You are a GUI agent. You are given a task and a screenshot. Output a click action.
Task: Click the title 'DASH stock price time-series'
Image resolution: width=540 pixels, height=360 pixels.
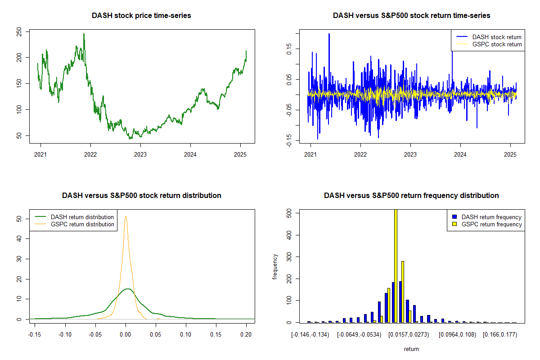141,15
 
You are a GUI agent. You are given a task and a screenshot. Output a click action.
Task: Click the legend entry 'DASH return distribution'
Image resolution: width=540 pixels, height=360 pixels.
82,217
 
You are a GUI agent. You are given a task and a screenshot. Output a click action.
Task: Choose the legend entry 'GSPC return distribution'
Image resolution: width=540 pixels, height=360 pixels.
82,224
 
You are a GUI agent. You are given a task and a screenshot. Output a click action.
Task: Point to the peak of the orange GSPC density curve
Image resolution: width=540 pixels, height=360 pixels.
126,216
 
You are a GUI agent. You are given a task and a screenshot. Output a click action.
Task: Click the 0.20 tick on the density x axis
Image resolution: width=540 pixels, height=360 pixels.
246,335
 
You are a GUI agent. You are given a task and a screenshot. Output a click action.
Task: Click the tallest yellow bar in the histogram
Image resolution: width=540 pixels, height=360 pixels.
396,265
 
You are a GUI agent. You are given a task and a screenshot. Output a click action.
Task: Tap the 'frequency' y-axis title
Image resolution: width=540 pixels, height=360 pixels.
275,266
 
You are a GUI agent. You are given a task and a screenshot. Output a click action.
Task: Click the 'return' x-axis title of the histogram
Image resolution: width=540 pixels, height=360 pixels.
411,349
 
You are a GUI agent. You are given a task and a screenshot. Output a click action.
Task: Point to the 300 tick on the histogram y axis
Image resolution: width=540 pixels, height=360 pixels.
289,256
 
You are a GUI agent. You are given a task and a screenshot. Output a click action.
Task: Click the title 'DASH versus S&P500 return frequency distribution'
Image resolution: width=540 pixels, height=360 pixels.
411,195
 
